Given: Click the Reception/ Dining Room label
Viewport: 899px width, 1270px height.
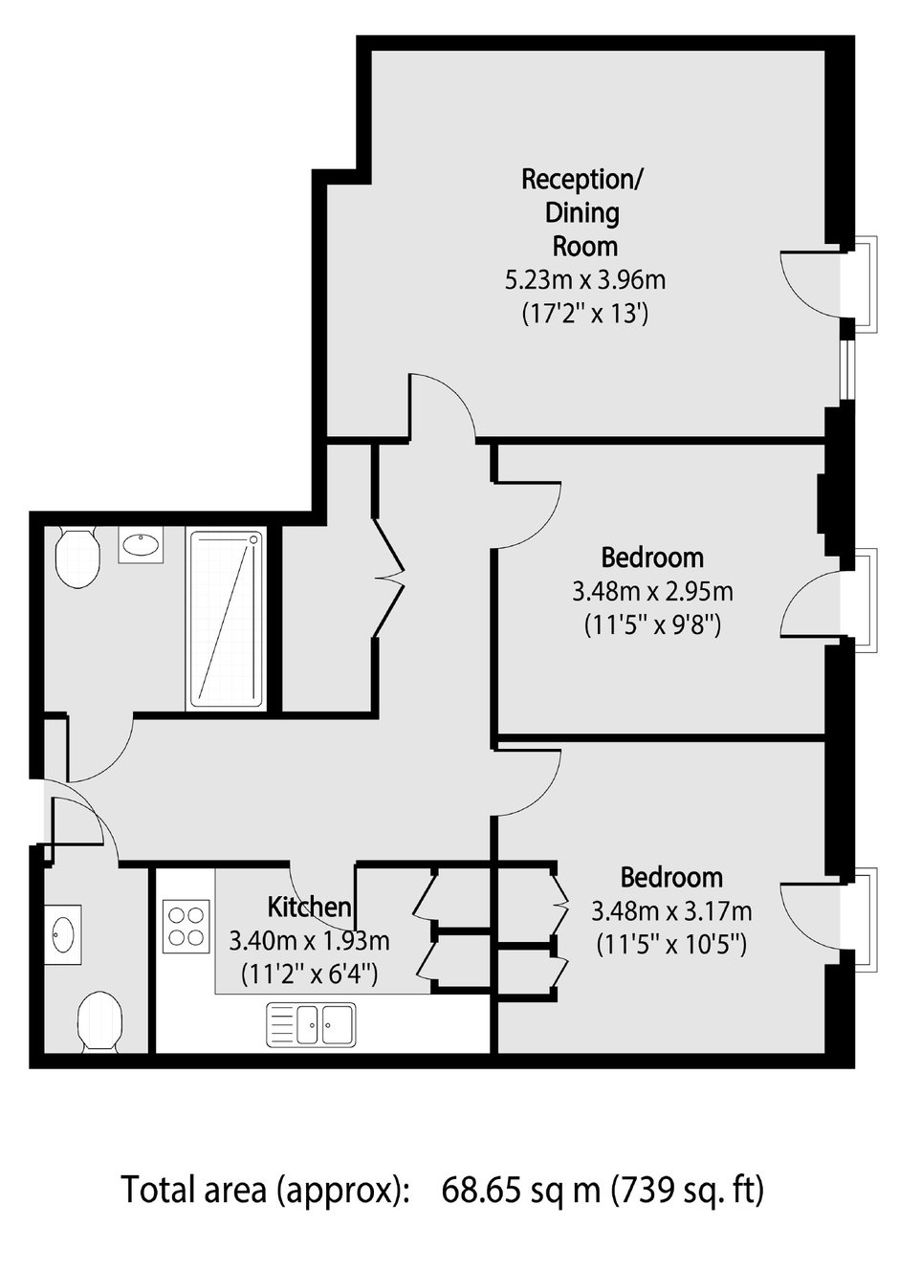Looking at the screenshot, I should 582,211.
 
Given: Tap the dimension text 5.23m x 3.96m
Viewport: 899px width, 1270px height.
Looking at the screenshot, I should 584,280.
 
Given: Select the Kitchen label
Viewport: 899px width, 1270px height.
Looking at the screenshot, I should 309,906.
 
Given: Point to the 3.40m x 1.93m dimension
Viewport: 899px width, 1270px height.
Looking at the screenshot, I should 309,939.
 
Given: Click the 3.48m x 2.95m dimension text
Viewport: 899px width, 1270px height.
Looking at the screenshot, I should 652,591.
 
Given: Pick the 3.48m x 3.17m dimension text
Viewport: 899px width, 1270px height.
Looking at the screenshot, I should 671,910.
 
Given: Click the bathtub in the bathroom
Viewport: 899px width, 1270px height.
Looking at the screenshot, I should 226,619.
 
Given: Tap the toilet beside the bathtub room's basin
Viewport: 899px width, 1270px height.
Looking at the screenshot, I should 77,558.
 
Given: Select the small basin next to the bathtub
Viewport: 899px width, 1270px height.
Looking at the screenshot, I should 141,546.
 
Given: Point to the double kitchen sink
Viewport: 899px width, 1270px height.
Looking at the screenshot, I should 311,1023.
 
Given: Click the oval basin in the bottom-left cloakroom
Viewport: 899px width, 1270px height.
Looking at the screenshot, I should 64,933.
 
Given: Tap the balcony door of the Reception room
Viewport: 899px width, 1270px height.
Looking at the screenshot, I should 813,283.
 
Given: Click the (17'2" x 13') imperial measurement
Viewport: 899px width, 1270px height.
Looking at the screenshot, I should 584,313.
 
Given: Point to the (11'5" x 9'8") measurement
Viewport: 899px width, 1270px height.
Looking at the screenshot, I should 652,625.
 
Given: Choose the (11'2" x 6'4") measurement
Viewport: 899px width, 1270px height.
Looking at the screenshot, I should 309,974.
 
